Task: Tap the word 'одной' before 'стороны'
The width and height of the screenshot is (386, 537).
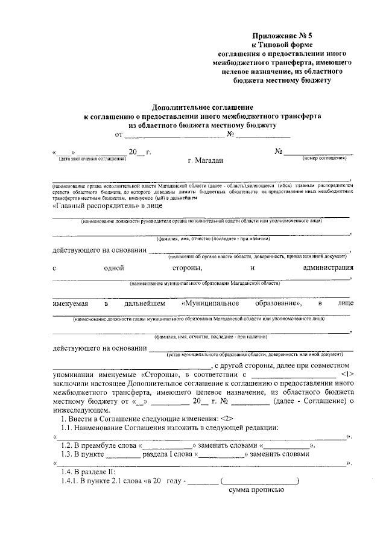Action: [x=114, y=267]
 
